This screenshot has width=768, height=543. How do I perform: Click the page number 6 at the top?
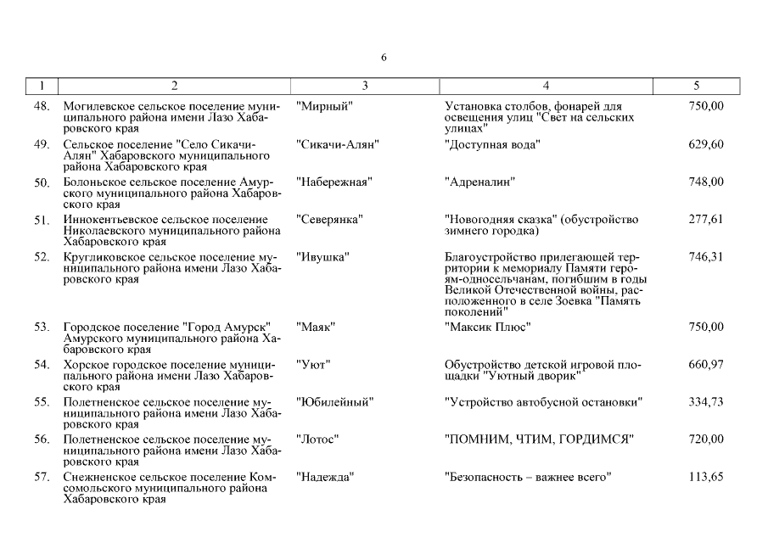pyautogui.click(x=384, y=58)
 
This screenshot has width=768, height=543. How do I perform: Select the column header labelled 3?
pyautogui.click(x=365, y=86)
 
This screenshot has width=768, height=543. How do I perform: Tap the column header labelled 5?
pyautogui.click(x=696, y=86)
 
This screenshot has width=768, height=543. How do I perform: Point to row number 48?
pyautogui.click(x=41, y=106)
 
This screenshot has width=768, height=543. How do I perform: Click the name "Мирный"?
pyautogui.click(x=325, y=106)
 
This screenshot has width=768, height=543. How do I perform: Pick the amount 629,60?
pyautogui.click(x=706, y=144)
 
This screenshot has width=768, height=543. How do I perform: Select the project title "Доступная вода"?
pyautogui.click(x=492, y=144)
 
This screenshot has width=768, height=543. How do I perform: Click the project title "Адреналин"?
pyautogui.click(x=480, y=182)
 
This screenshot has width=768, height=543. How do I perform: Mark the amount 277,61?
pyautogui.click(x=706, y=220)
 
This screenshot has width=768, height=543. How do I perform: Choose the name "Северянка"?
pyautogui.click(x=330, y=220)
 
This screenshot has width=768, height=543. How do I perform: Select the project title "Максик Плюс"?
pyautogui.click(x=488, y=327)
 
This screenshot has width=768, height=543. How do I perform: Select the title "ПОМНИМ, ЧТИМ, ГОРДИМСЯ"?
pyautogui.click(x=540, y=439)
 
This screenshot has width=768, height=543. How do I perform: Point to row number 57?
pyautogui.click(x=41, y=478)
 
